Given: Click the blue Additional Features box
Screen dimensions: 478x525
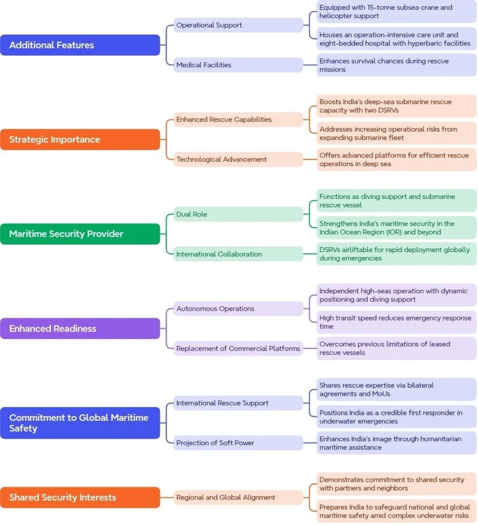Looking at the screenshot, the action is pyautogui.click(x=80, y=45).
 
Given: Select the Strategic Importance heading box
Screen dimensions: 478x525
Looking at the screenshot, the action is pyautogui.click(x=80, y=139).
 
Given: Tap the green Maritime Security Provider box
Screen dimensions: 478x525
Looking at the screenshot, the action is pyautogui.click(x=80, y=234).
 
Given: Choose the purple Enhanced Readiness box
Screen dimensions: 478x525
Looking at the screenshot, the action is pyautogui.click(x=80, y=329).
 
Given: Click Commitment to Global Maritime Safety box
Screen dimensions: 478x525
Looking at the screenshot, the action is pyautogui.click(x=80, y=423).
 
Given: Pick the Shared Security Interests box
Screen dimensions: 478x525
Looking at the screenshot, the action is pyautogui.click(x=80, y=497).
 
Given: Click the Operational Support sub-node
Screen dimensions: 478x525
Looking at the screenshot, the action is pyautogui.click(x=238, y=25).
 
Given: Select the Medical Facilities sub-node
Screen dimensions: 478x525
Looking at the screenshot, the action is pyautogui.click(x=238, y=65).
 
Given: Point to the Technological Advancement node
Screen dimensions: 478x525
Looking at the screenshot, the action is pyautogui.click(x=238, y=159).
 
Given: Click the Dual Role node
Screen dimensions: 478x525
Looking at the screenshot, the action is pyautogui.click(x=238, y=214).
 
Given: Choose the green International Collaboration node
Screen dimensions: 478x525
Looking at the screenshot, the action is pyautogui.click(x=238, y=254).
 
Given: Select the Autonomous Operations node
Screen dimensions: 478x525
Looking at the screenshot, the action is pyautogui.click(x=238, y=309).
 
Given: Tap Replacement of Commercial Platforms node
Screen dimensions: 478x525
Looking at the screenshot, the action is pyautogui.click(x=238, y=349).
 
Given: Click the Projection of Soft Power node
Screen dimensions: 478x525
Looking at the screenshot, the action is pyautogui.click(x=238, y=443).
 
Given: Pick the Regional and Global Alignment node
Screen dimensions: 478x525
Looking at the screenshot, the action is pyautogui.click(x=238, y=497).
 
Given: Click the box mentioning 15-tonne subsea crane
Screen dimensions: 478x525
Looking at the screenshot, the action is pyautogui.click(x=397, y=12).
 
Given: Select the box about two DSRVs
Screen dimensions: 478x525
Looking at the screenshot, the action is pyautogui.click(x=397, y=106).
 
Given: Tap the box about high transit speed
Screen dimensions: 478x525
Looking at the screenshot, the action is pyautogui.click(x=397, y=322).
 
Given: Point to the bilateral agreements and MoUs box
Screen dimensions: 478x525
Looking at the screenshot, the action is pyautogui.click(x=397, y=390).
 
